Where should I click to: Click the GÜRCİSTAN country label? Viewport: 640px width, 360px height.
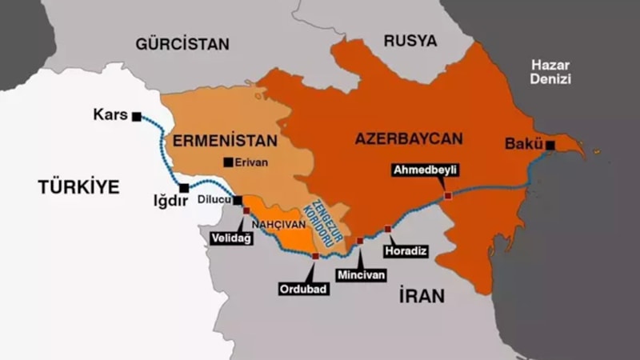[182, 44]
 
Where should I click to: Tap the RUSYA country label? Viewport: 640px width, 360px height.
[410, 41]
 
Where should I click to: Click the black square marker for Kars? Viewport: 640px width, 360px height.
[137, 116]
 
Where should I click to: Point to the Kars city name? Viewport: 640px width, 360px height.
[110, 115]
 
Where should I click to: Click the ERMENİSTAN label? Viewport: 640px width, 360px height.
[225, 140]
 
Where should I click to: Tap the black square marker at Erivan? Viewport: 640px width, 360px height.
[229, 162]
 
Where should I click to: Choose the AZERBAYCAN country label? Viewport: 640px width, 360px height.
[408, 139]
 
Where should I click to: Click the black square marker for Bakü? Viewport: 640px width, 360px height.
[550, 145]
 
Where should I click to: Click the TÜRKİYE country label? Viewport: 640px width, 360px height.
[78, 187]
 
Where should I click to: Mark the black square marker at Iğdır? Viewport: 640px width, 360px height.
[184, 188]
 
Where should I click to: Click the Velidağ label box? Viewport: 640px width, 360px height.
[231, 238]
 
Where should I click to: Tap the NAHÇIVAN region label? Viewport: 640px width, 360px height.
[275, 226]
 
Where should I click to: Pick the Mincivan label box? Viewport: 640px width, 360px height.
[361, 274]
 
